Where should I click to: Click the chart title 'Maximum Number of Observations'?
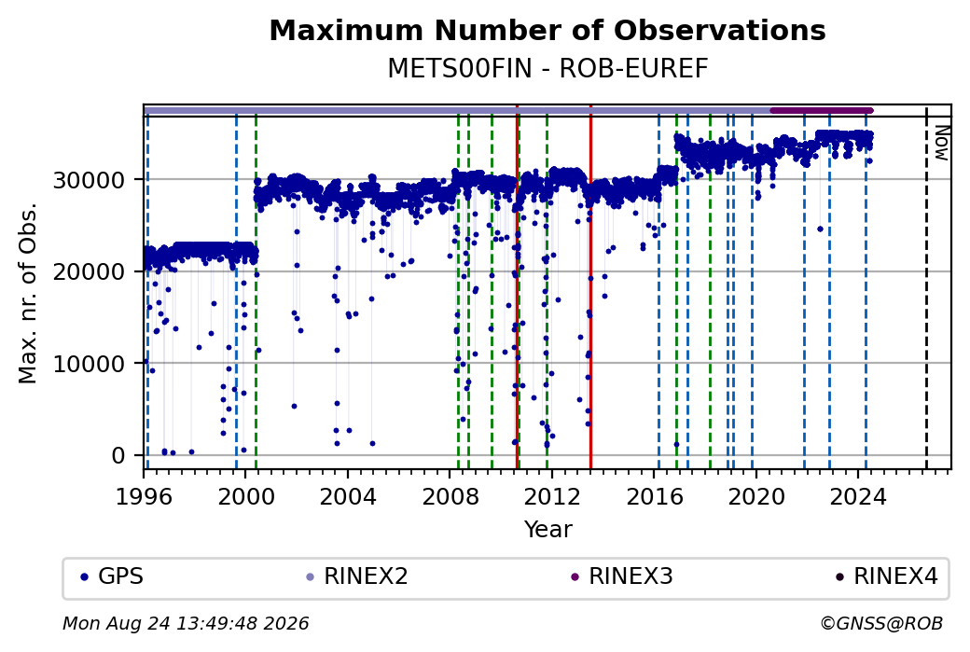(547, 30)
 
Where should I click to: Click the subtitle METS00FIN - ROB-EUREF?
(547, 69)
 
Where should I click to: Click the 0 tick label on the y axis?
(118, 456)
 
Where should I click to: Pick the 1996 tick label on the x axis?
(144, 497)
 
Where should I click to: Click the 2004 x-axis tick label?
(348, 497)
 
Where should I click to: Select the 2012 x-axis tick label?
(552, 497)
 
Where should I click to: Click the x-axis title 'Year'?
(547, 530)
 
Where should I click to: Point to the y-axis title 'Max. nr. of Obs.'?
(28, 293)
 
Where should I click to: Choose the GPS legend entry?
(112, 576)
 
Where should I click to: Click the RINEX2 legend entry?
(357, 576)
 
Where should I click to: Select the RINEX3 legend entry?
(622, 576)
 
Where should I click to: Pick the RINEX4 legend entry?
(886, 576)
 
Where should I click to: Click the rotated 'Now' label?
(941, 143)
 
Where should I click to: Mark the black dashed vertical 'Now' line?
(926, 288)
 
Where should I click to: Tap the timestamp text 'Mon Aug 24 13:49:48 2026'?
(186, 623)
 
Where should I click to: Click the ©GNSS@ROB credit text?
(881, 623)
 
